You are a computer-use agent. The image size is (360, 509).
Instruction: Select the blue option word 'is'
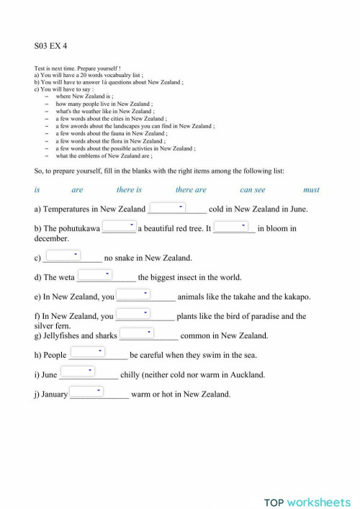click(37, 190)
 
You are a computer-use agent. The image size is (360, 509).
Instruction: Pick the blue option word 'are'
click(77, 190)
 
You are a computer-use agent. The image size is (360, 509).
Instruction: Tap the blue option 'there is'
click(129, 190)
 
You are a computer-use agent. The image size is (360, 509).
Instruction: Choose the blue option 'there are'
click(191, 190)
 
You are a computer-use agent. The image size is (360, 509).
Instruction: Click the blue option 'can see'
click(252, 190)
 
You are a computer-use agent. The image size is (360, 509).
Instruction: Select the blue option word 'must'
click(311, 190)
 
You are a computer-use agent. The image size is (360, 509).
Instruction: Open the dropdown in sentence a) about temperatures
click(168, 207)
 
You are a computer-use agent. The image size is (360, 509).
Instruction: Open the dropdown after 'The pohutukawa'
click(120, 226)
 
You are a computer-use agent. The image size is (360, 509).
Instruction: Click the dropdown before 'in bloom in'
click(231, 226)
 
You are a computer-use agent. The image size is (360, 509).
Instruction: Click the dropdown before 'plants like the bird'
click(133, 313)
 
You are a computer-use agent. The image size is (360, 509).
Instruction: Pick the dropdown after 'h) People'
click(89, 351)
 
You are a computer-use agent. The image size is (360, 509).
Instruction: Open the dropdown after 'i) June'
click(78, 371)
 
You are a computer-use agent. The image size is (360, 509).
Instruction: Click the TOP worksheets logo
click(306, 482)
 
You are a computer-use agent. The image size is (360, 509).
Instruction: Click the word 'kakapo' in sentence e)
click(294, 297)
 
